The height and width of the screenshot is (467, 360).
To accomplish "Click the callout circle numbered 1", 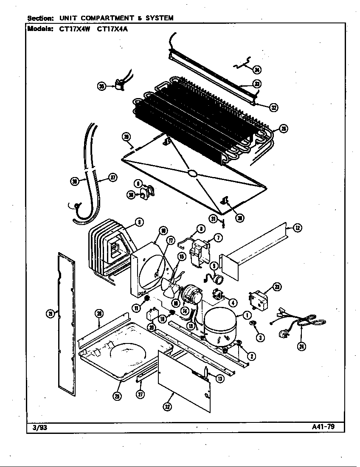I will pyautogui.click(x=246, y=315).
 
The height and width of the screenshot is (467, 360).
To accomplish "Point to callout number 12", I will pyautogui.click(x=298, y=228).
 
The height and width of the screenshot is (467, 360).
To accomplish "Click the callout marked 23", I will pyautogui.click(x=277, y=287).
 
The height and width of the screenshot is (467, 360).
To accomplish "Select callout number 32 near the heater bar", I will pyautogui.click(x=274, y=107).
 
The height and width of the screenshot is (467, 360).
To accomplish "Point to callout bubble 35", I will pyautogui.click(x=101, y=86).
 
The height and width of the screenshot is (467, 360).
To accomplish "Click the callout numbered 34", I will pyautogui.click(x=257, y=70).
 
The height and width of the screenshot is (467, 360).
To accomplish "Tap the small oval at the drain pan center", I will pyautogui.click(x=192, y=173).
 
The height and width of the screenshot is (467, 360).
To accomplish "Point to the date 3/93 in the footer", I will pyautogui.click(x=39, y=428).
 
